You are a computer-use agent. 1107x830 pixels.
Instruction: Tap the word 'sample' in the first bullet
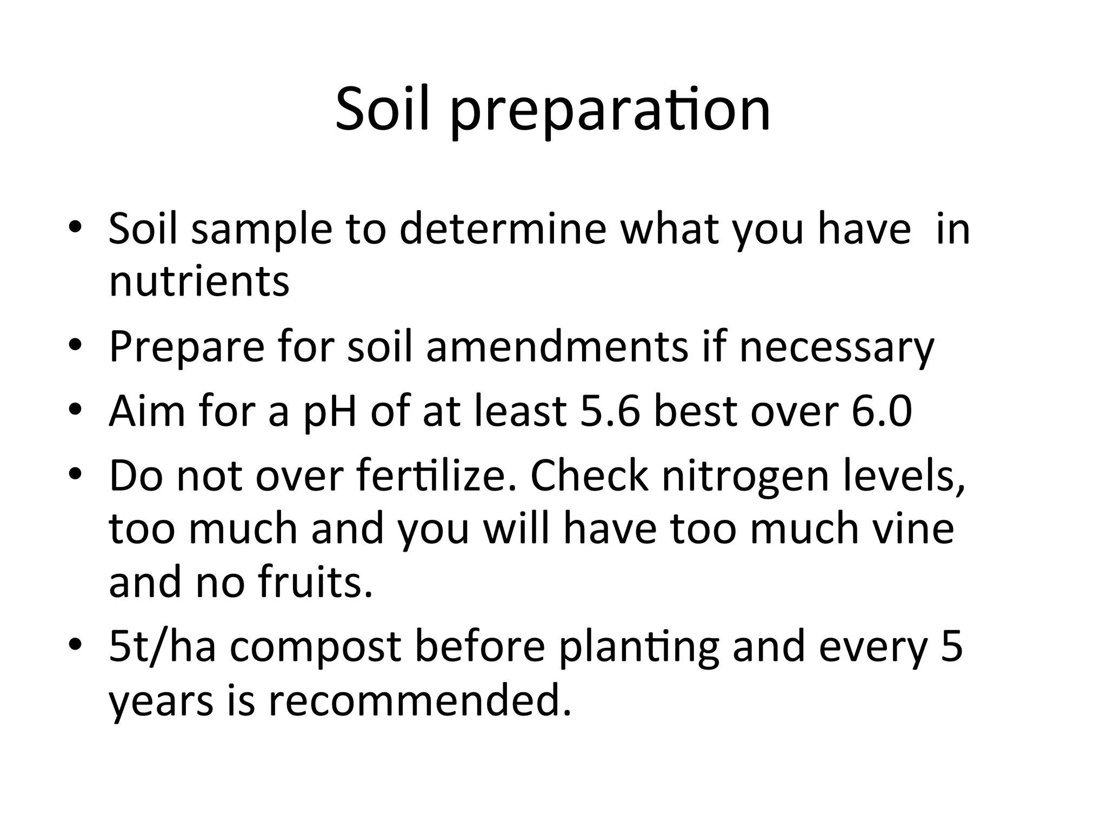(262, 229)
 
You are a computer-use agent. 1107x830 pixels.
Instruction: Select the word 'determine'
(503, 229)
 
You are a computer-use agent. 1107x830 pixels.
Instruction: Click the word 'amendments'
(557, 346)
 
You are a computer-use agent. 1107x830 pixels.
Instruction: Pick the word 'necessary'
(837, 347)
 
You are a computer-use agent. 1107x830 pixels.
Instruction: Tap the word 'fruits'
(315, 583)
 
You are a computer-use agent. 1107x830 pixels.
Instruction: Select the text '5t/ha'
(162, 646)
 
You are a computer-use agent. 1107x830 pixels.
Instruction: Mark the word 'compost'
(315, 647)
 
